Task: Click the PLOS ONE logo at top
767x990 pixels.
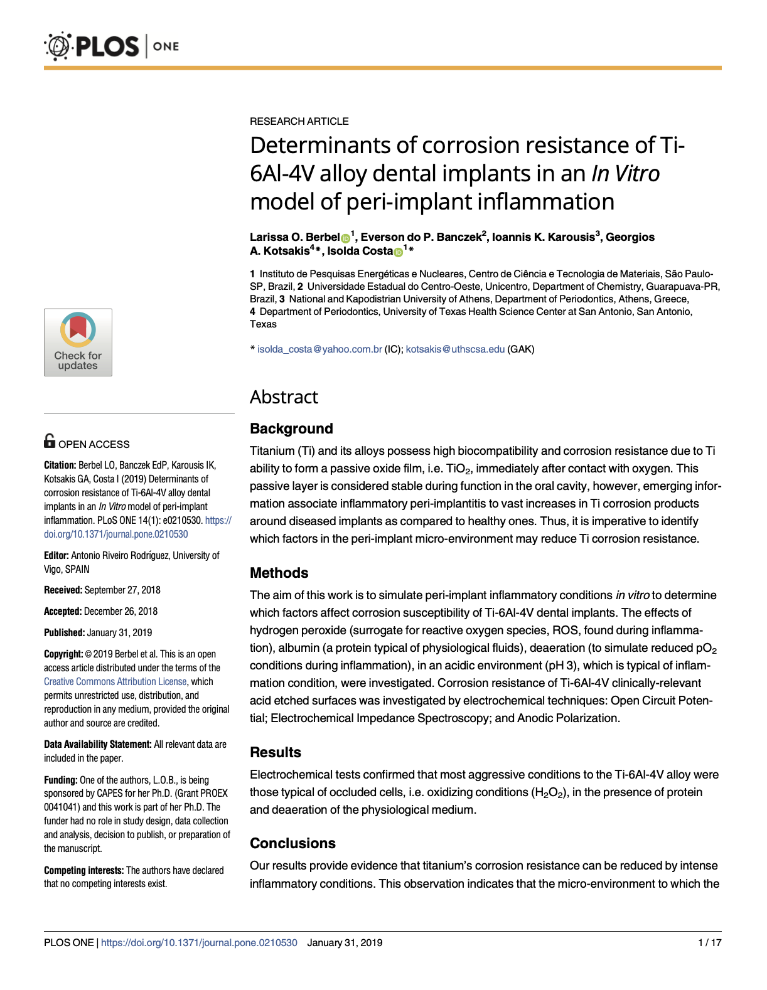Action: click(112, 46)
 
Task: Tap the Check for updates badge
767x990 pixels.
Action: click(78, 342)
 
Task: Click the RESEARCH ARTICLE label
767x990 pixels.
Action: click(299, 121)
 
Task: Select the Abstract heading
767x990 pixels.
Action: click(284, 397)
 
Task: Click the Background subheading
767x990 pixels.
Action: click(291, 428)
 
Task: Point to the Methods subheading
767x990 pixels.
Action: click(279, 573)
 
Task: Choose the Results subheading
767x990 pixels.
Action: click(275, 752)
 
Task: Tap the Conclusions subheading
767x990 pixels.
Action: click(292, 843)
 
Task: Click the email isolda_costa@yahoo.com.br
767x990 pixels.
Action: click(319, 349)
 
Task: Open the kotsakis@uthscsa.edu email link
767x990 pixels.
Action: click(455, 349)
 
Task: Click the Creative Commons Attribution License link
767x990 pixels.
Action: click(115, 681)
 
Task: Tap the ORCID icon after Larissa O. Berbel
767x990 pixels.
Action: click(345, 238)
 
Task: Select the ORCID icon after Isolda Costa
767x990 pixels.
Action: click(398, 252)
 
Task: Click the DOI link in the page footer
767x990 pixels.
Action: click(199, 942)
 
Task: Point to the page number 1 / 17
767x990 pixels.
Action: click(709, 942)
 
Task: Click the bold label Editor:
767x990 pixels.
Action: click(56, 555)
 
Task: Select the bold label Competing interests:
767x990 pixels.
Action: click(83, 870)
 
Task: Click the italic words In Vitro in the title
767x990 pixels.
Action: click(625, 174)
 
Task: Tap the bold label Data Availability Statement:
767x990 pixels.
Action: click(97, 744)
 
